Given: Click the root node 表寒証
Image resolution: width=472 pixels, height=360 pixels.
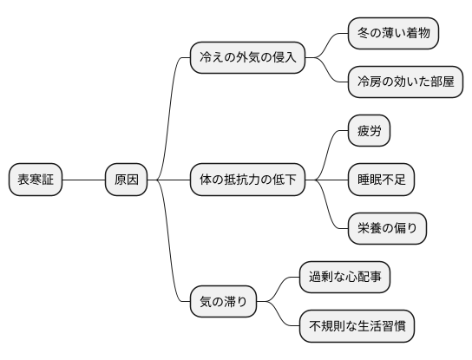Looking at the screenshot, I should click(36, 180).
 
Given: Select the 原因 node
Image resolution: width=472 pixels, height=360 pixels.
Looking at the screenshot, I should click(126, 180).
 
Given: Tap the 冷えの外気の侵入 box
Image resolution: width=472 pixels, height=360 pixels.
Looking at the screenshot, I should click(247, 59).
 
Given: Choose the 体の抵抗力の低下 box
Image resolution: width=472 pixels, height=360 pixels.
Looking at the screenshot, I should click(247, 180).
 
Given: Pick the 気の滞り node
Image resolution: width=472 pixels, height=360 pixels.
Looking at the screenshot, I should click(224, 303).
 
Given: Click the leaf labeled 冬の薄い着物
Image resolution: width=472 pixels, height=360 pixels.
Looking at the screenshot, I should click(392, 34).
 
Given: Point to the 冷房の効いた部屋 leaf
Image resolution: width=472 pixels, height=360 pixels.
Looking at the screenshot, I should click(404, 83).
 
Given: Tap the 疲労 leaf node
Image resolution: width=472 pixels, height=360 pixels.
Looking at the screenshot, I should click(369, 132).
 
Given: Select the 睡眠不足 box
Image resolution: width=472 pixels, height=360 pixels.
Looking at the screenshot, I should click(381, 180).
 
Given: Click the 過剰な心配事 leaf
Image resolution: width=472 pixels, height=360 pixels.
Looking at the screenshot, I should click(344, 278).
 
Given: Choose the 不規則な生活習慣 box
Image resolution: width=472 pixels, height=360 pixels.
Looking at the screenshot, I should click(357, 327).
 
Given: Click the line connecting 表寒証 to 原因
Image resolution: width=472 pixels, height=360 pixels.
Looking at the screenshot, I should click(84, 180).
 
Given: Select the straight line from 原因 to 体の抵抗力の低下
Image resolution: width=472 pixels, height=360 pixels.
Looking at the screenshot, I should click(169, 180).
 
